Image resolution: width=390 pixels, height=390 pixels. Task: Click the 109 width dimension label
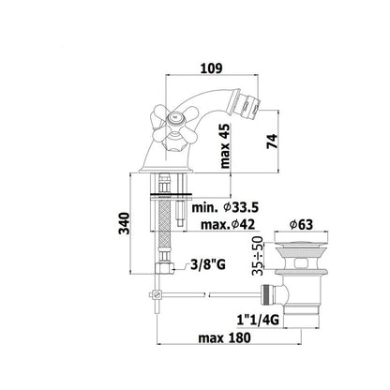click(211, 68)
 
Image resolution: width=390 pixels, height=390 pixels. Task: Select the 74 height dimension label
click(272, 142)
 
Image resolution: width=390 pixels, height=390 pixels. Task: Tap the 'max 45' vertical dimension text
click(225, 146)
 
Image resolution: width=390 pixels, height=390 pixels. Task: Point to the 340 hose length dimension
click(124, 223)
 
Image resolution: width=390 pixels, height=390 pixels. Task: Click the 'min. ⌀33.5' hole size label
click(225, 207)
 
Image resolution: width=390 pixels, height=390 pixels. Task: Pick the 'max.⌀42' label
click(228, 224)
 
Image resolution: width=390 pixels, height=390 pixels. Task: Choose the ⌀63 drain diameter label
click(301, 224)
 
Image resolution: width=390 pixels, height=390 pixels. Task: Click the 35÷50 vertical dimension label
click(258, 256)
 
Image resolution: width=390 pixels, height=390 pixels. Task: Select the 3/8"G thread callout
click(208, 265)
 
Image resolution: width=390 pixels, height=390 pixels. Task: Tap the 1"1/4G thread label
click(258, 320)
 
